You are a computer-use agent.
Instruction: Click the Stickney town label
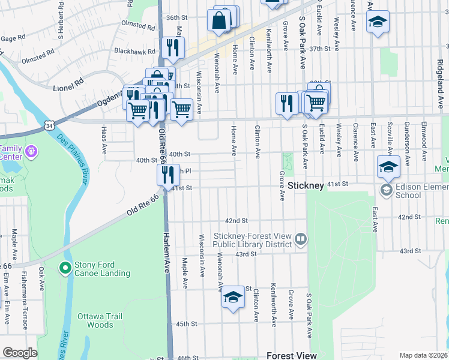306,185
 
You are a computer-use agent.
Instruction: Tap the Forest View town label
292,355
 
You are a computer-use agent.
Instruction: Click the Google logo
20,353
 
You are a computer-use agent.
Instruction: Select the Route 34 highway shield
49,125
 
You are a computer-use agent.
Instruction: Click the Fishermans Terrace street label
25,306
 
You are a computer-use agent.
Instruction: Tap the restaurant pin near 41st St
168,174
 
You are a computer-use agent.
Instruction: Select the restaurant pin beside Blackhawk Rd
173,47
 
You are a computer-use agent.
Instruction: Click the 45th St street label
186,324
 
